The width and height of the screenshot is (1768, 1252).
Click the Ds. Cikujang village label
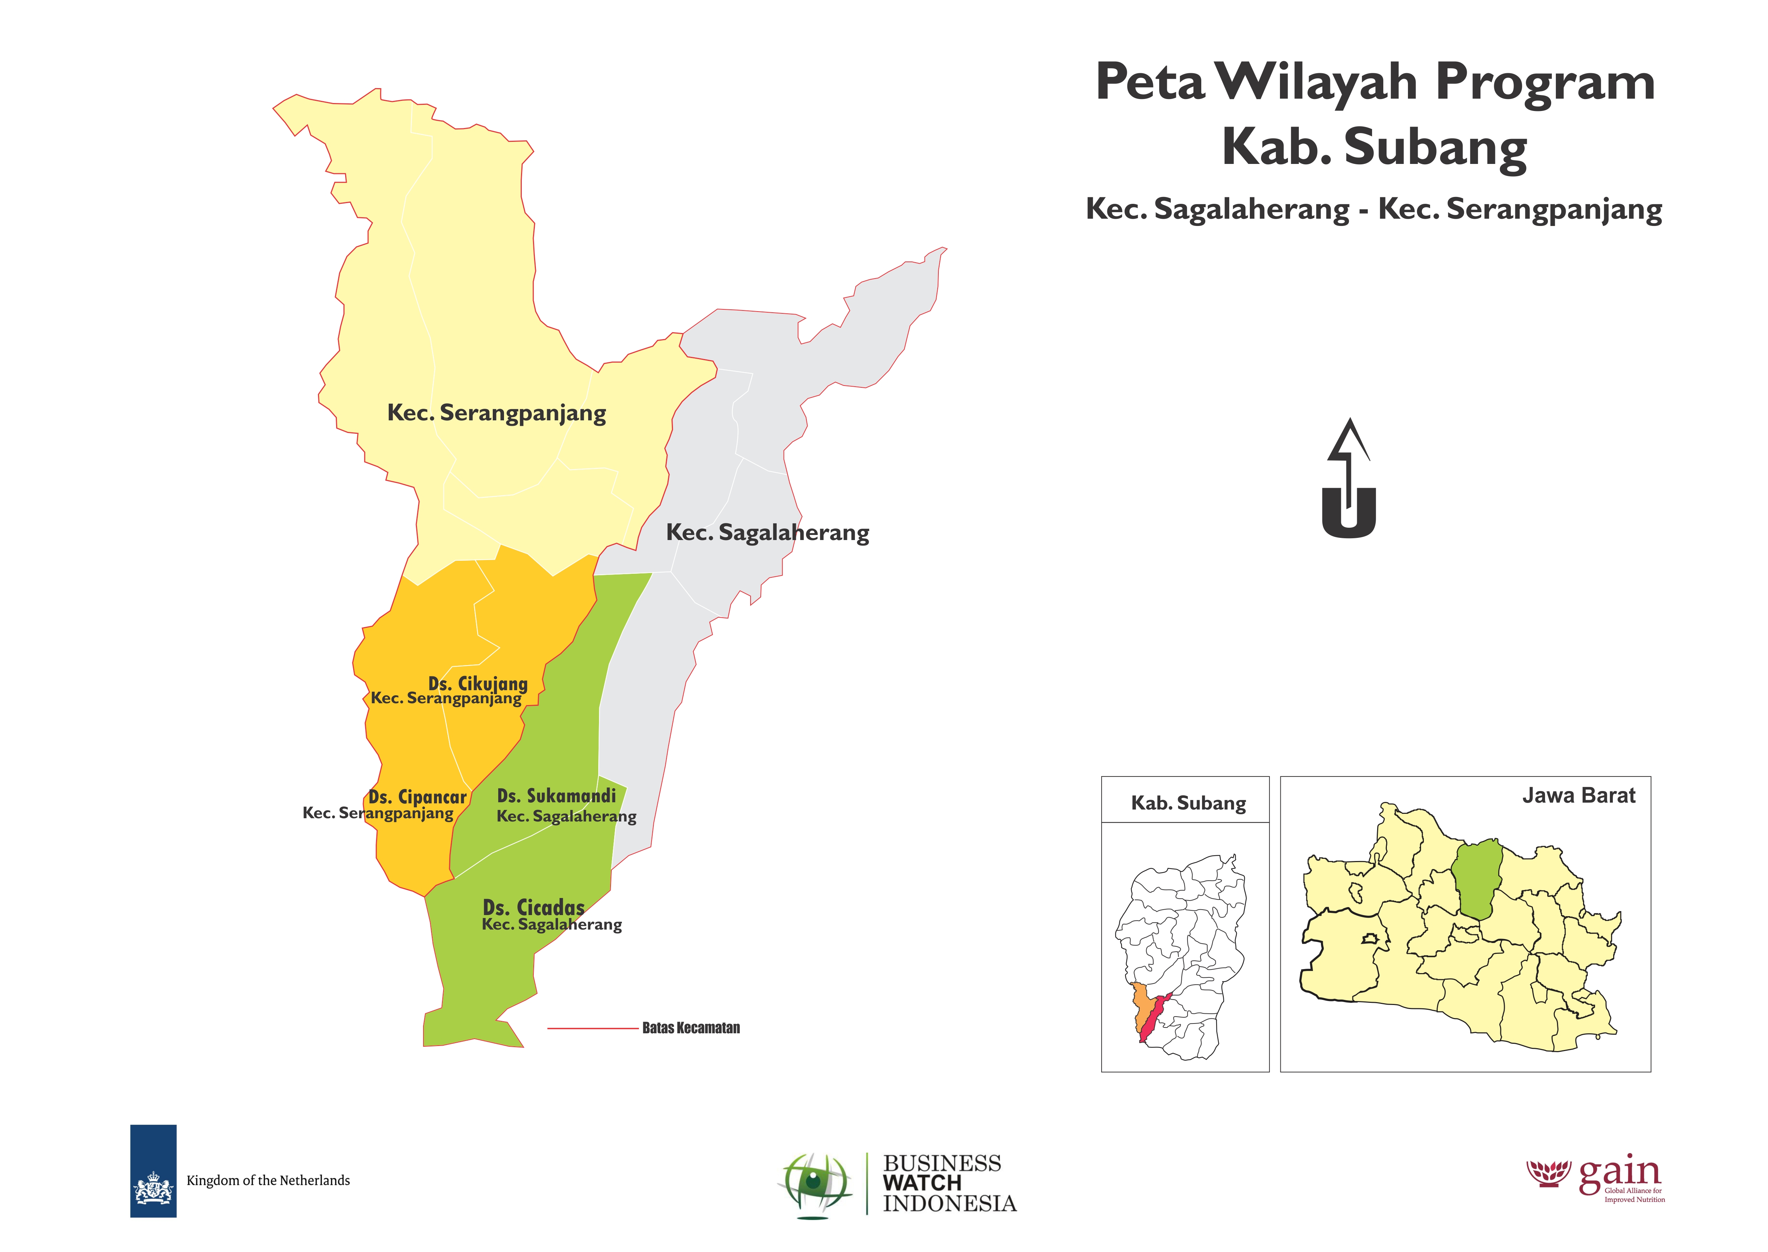[478, 684]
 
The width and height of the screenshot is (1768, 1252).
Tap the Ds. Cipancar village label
[417, 797]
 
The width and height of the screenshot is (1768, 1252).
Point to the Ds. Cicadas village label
[533, 907]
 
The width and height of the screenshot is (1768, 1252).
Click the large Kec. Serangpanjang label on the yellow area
[496, 413]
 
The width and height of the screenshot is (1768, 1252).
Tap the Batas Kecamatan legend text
[690, 1027]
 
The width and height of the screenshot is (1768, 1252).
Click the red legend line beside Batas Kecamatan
[592, 1027]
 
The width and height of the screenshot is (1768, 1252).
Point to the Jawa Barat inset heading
[1578, 796]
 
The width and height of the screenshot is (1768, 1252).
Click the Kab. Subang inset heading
[1187, 803]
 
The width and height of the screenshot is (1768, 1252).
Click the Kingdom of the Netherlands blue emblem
[153, 1170]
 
